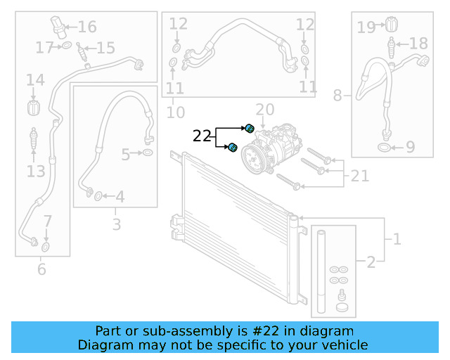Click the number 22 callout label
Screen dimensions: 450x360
pos(202,136)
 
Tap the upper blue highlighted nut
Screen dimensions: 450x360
pos(249,127)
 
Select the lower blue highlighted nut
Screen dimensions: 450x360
pos(232,147)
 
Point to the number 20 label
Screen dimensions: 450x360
pos(264,110)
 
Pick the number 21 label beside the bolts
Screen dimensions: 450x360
pos(359,176)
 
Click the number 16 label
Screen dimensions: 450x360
pos(87,27)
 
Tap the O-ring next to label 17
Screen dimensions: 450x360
pos(65,47)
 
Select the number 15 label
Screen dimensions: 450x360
pos(105,48)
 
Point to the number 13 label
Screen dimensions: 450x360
pos(36,171)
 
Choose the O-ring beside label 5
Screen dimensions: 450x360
pos(148,153)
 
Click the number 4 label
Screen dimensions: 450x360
pos(120,198)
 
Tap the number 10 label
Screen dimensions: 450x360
pos(175,112)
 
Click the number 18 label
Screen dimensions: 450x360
pos(418,44)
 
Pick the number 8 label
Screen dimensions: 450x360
pos(338,94)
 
